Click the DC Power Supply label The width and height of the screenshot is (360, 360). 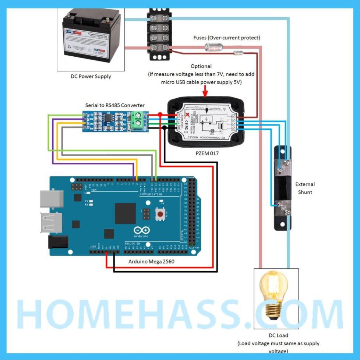pyautogui.click(x=91, y=77)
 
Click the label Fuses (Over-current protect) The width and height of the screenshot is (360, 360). pyautogui.click(x=227, y=38)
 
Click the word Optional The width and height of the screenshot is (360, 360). pyautogui.click(x=201, y=66)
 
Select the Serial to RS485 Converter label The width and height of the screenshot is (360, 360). pyautogui.click(x=115, y=105)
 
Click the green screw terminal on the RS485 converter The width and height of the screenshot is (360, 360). pyautogui.click(x=138, y=119)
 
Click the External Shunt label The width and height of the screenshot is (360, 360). pyautogui.click(x=305, y=188)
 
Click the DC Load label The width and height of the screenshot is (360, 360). pyautogui.click(x=278, y=335)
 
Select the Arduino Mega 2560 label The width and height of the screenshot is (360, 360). pyautogui.click(x=151, y=262)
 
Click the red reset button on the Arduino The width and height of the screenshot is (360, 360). pyautogui.click(x=160, y=213)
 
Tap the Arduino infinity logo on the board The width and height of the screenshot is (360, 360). pyautogui.click(x=141, y=231)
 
